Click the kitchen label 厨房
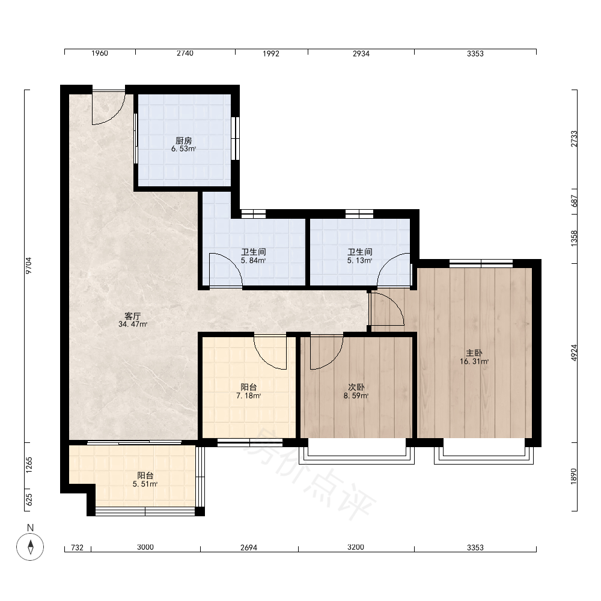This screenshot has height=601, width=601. [183, 141]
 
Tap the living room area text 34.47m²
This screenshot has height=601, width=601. [133, 325]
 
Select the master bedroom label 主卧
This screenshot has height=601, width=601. [474, 353]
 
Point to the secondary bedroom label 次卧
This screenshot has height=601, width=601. [356, 387]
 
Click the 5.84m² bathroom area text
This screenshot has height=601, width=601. [253, 261]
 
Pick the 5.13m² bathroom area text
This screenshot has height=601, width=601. [359, 261]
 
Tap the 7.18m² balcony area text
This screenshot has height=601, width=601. [248, 396]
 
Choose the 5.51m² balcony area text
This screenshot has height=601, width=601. [145, 484]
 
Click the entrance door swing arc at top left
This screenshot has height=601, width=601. [116, 117]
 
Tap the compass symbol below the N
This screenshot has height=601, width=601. [30, 546]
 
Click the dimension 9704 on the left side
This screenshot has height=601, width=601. [29, 265]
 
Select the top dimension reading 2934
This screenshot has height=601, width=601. [361, 53]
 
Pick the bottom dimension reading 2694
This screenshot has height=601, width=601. [249, 548]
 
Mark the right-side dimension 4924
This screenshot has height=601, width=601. [574, 353]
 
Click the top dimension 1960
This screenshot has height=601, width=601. [100, 53]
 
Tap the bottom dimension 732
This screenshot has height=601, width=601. [78, 548]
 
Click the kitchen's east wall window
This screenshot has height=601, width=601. [236, 138]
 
